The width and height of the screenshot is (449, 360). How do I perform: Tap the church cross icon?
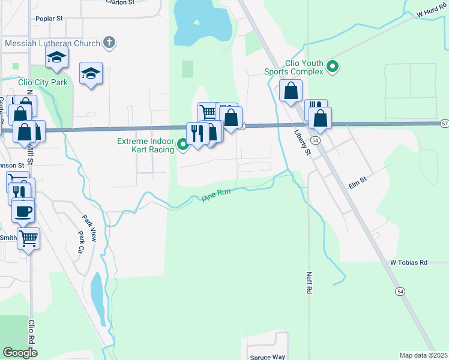(x=109, y=43)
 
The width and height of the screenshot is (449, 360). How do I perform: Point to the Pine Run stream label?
(x=217, y=195)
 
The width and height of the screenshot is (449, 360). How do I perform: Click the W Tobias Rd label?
(x=409, y=262)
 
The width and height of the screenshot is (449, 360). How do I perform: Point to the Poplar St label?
(x=50, y=19)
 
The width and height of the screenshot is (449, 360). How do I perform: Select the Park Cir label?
(x=81, y=242)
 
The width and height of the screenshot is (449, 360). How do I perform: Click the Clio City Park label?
(x=43, y=82)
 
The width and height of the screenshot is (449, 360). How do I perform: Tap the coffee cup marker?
(x=23, y=211)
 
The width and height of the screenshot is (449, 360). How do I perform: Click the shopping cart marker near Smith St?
(x=29, y=238)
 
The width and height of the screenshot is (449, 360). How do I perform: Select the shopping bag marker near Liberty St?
(x=291, y=91)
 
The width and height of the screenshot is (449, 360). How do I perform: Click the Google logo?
(x=20, y=353)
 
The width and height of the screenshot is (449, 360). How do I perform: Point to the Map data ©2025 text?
(x=423, y=355)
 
